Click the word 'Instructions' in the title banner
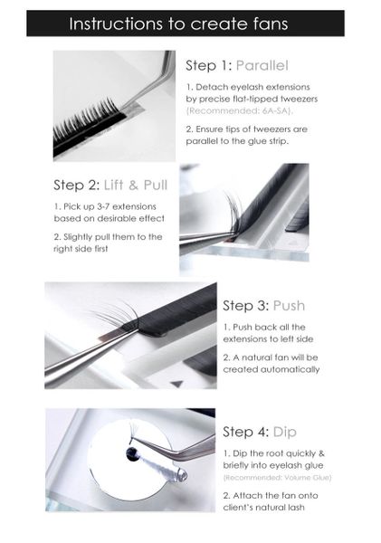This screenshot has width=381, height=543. click(116, 24)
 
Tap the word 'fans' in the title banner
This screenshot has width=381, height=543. click(271, 24)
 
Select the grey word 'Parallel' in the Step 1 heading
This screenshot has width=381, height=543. click(262, 65)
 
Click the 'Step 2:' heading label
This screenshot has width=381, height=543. click(77, 185)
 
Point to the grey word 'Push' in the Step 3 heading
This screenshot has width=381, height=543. click(289, 306)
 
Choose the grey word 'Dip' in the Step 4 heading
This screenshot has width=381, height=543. click(285, 432)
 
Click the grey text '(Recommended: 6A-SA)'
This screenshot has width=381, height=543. click(240, 110)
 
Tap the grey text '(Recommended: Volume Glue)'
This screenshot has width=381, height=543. click(277, 478)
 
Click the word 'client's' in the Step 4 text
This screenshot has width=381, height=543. click(239, 508)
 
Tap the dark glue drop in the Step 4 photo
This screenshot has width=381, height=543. click(132, 454)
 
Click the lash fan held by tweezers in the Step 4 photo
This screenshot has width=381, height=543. click(133, 429)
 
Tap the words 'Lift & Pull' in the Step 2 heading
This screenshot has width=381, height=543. click(136, 185)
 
